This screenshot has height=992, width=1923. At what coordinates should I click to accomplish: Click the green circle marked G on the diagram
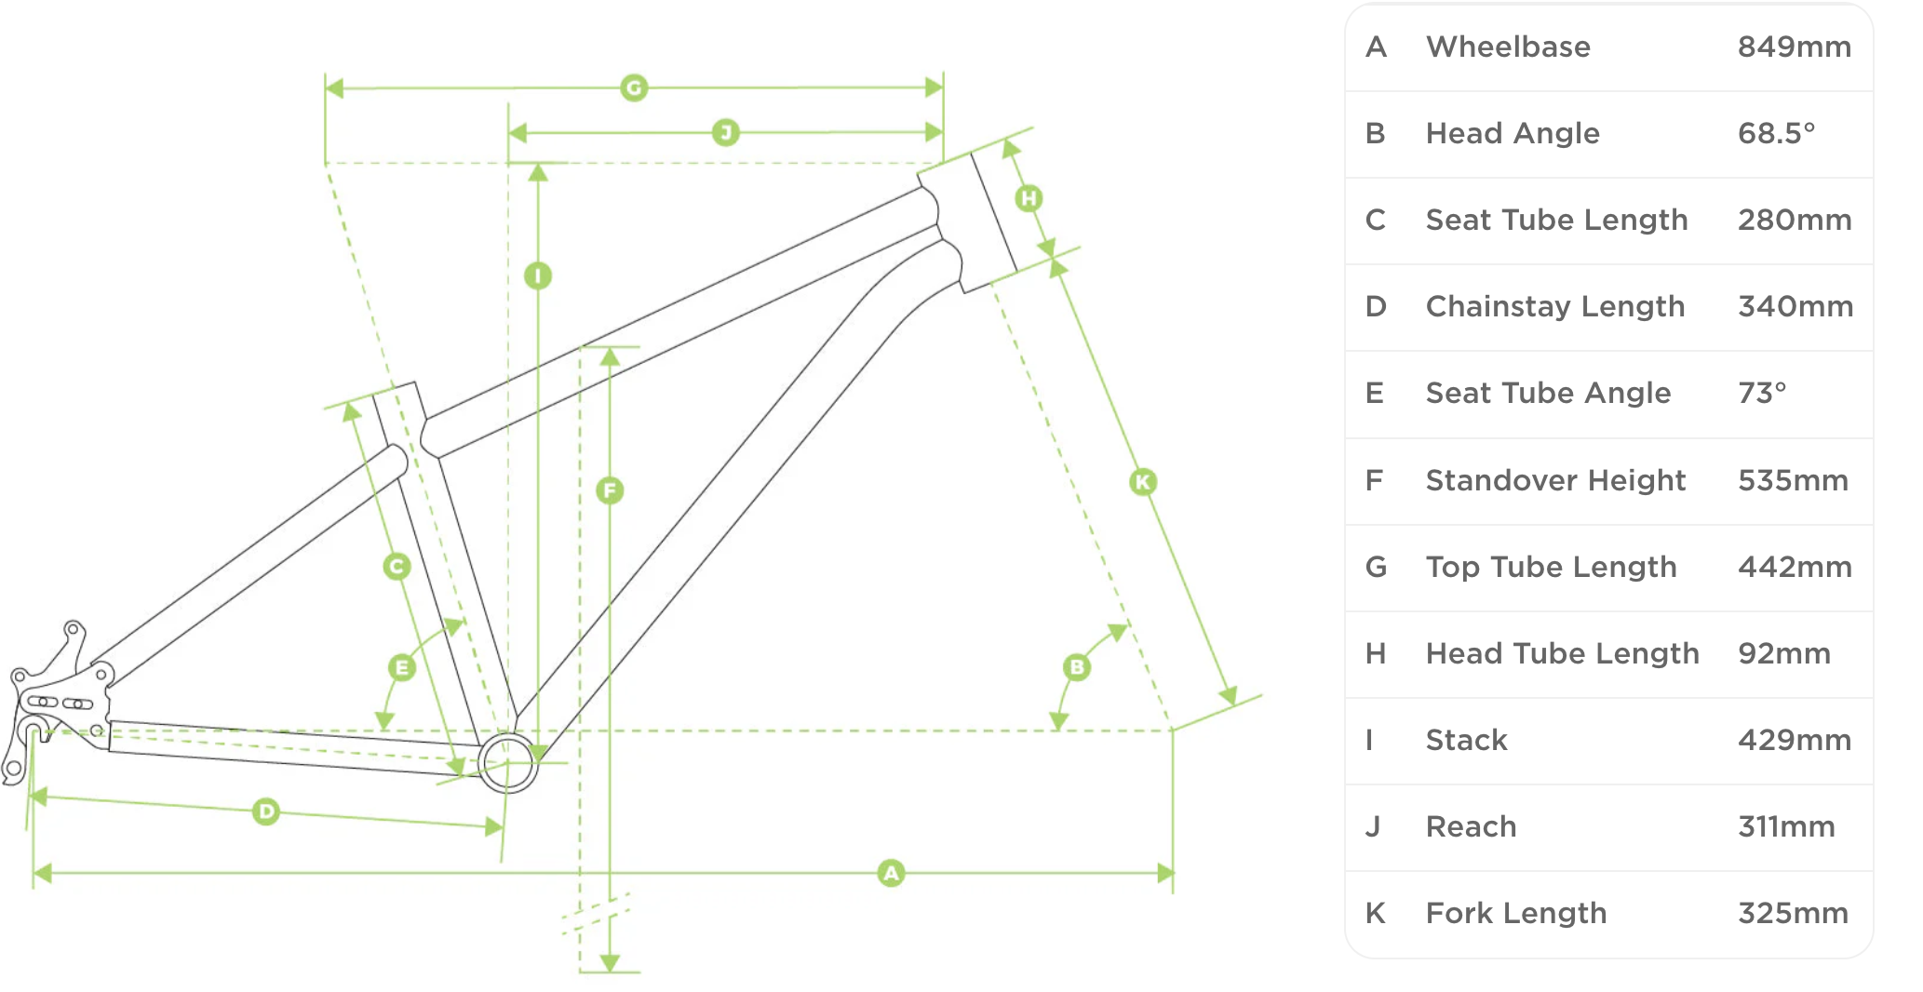pyautogui.click(x=634, y=88)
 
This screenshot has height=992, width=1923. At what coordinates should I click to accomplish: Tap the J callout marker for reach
pyautogui.click(x=726, y=132)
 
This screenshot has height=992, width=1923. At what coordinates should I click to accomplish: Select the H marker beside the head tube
pyautogui.click(x=1029, y=198)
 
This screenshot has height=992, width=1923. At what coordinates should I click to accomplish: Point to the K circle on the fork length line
pyautogui.click(x=1143, y=482)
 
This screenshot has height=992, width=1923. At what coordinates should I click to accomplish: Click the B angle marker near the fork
pyautogui.click(x=1077, y=667)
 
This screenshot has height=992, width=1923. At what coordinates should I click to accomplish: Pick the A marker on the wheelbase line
pyautogui.click(x=891, y=873)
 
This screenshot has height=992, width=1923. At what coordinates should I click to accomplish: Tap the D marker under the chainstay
pyautogui.click(x=266, y=811)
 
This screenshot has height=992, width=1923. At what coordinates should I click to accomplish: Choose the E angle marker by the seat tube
pyautogui.click(x=402, y=667)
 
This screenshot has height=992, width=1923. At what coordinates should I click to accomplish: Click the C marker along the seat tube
pyautogui.click(x=397, y=566)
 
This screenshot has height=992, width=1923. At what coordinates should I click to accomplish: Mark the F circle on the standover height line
pyautogui.click(x=610, y=490)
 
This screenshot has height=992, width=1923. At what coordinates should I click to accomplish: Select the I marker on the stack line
pyautogui.click(x=538, y=275)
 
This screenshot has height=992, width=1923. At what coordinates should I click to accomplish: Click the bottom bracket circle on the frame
pyautogui.click(x=508, y=763)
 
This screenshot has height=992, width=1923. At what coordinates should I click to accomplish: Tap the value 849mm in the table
pyautogui.click(x=1794, y=47)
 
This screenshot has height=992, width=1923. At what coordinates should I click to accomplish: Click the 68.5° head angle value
pyautogui.click(x=1776, y=133)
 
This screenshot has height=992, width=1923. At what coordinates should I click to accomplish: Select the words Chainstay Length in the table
pyautogui.click(x=1554, y=306)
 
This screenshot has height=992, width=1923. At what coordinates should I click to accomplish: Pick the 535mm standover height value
pyautogui.click(x=1793, y=480)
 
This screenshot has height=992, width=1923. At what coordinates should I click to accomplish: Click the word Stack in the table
pyautogui.click(x=1466, y=740)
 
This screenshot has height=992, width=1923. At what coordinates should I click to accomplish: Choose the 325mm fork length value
pyautogui.click(x=1793, y=913)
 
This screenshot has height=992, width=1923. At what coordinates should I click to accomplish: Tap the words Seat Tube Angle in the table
pyautogui.click(x=1548, y=393)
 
